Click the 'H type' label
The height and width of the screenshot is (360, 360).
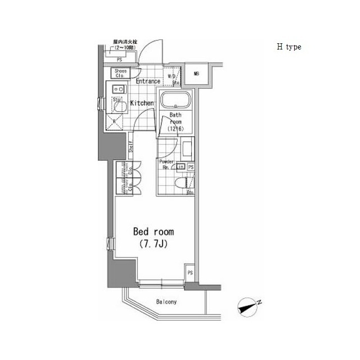tap(289, 47)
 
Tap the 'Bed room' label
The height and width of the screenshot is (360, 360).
tap(153, 232)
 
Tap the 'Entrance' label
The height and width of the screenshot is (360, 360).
tap(148, 82)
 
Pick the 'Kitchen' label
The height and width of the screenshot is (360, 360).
tap(142, 103)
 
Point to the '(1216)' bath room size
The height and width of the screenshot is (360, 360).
tap(176, 128)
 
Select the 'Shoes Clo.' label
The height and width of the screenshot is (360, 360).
tap(121, 73)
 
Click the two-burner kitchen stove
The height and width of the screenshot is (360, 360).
tap(119, 88)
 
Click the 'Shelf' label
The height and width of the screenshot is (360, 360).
tap(130, 147)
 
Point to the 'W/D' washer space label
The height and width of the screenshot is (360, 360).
tap(172, 76)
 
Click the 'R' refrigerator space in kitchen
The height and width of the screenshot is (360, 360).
tap(115, 120)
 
